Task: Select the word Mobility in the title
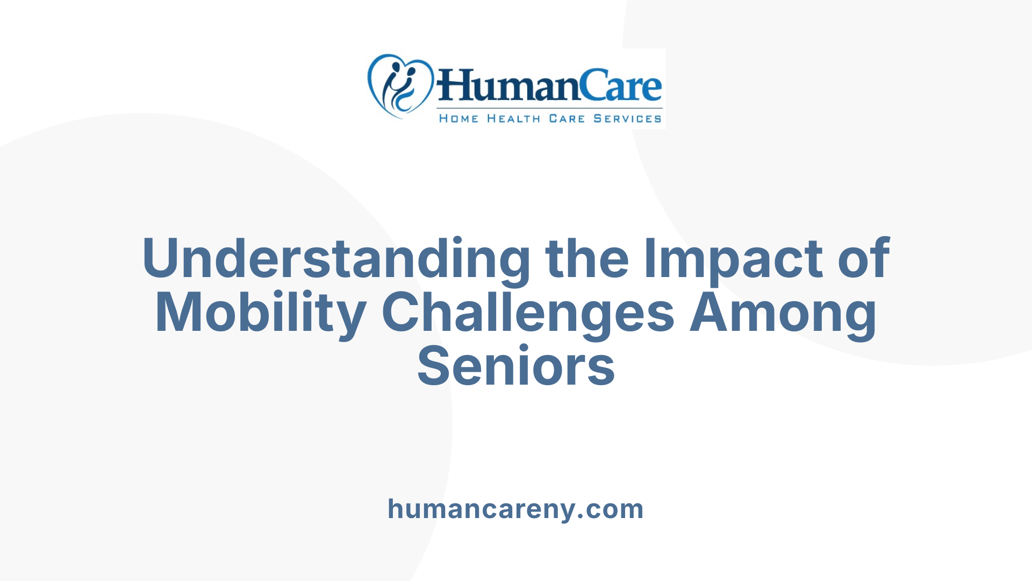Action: (x=261, y=313)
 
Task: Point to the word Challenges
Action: (x=528, y=313)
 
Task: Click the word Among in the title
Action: (x=783, y=313)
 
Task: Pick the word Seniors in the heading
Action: (x=516, y=367)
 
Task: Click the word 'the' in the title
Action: (x=587, y=259)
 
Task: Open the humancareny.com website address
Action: (x=515, y=509)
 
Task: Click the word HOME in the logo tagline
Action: (x=458, y=118)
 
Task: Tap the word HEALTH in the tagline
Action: (x=513, y=118)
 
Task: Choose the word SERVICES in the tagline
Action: (x=627, y=118)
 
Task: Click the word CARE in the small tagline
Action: (x=567, y=118)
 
